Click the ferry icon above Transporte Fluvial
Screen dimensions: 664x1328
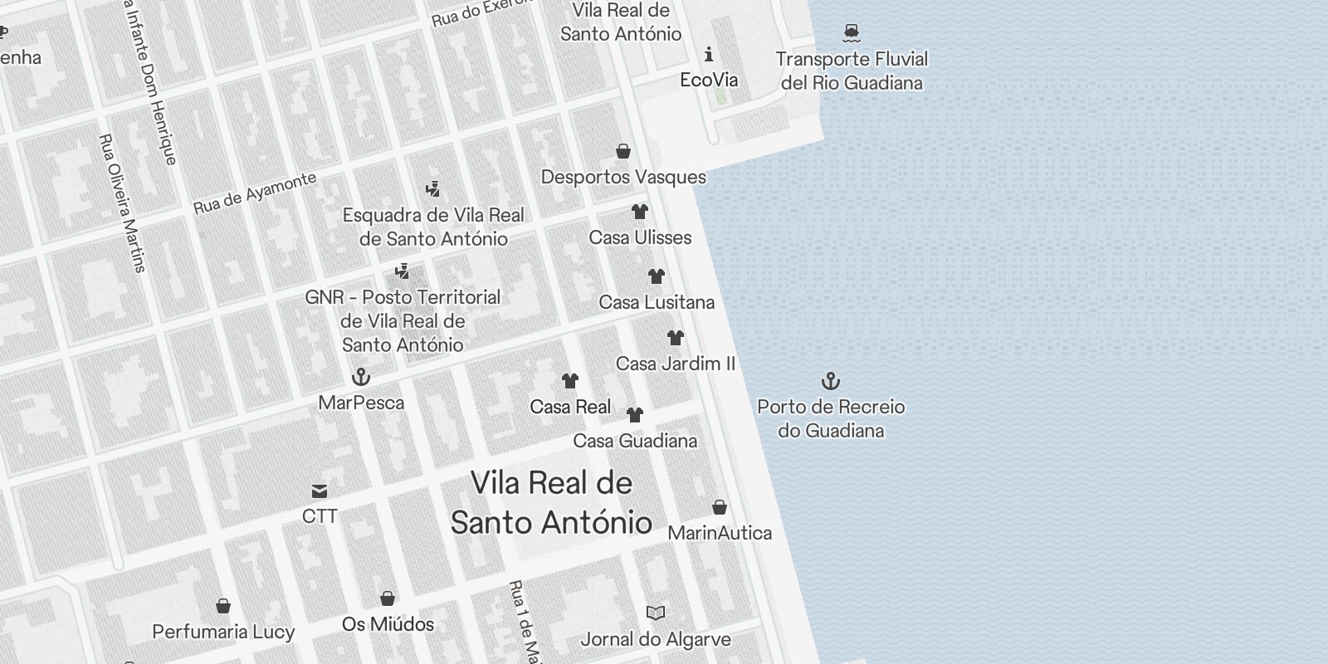tap(851, 33)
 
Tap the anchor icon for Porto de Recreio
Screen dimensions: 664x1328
tap(831, 381)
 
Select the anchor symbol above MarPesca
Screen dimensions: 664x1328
tap(361, 377)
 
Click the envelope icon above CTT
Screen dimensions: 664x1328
tap(320, 491)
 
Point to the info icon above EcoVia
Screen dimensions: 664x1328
tap(708, 55)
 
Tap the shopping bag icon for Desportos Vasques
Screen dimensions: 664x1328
tap(623, 151)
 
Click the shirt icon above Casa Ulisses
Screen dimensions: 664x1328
tap(639, 212)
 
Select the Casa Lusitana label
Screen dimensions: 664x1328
tap(657, 302)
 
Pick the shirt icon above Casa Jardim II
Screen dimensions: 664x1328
tap(676, 338)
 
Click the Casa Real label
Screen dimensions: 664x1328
tap(570, 407)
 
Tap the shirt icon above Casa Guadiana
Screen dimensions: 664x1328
tap(635, 415)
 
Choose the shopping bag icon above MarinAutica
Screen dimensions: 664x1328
tap(720, 507)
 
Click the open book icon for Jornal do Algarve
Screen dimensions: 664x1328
tap(656, 613)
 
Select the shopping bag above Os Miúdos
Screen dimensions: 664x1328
tap(388, 598)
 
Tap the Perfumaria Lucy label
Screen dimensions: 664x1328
tap(223, 632)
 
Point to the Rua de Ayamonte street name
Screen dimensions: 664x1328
tap(255, 193)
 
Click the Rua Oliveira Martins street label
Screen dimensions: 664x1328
tap(122, 203)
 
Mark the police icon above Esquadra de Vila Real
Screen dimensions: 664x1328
tap(432, 189)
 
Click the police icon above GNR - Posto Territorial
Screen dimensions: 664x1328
tap(403, 271)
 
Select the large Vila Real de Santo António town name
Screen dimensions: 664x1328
tap(551, 503)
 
